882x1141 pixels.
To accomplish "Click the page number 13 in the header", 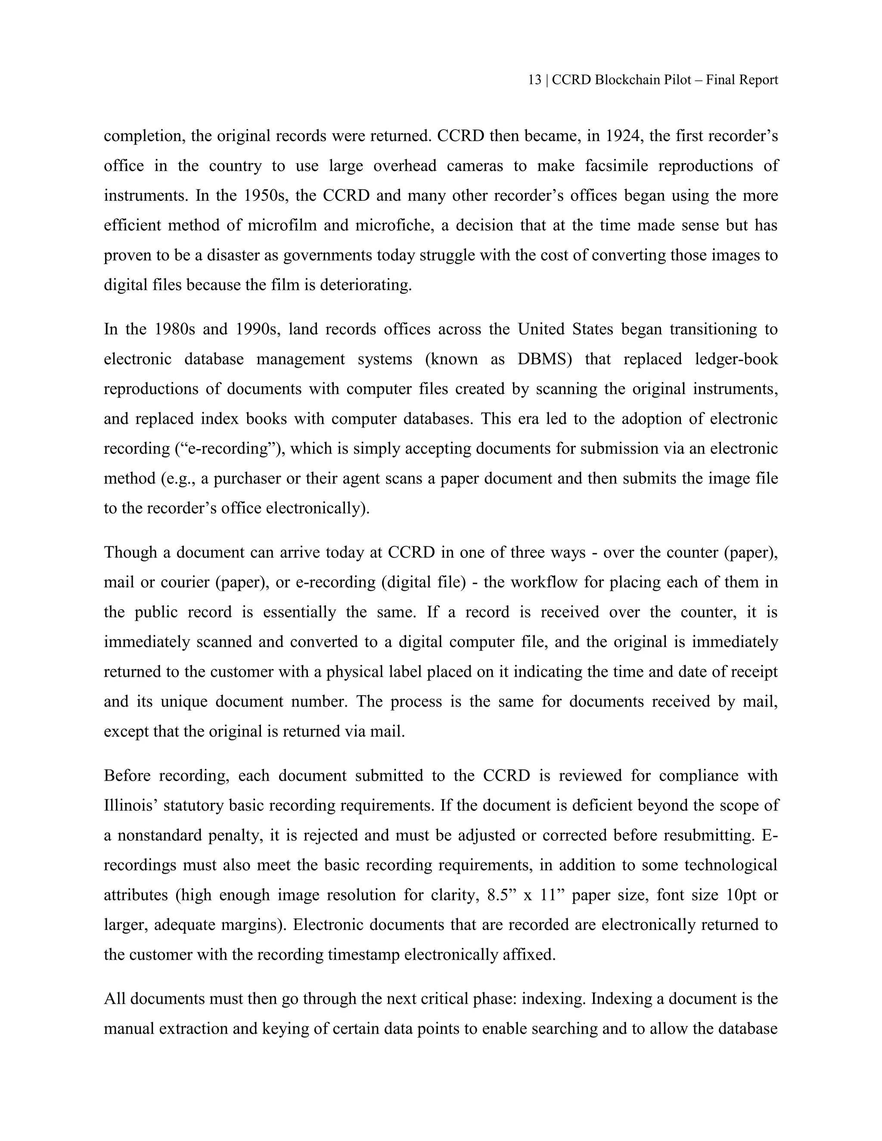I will point(534,80).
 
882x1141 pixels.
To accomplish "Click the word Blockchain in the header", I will point(627,80).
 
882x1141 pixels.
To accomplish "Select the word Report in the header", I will point(758,80).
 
